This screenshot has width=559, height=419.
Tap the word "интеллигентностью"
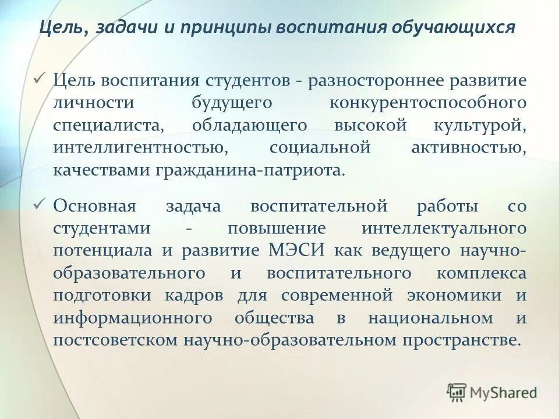coord(140,148)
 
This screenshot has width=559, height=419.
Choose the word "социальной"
coord(320,148)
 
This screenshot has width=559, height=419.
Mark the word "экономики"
coord(454,295)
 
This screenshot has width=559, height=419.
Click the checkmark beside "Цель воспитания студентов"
coord(40,79)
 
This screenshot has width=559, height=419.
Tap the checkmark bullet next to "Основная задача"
coord(40,204)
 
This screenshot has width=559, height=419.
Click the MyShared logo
coord(492,392)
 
